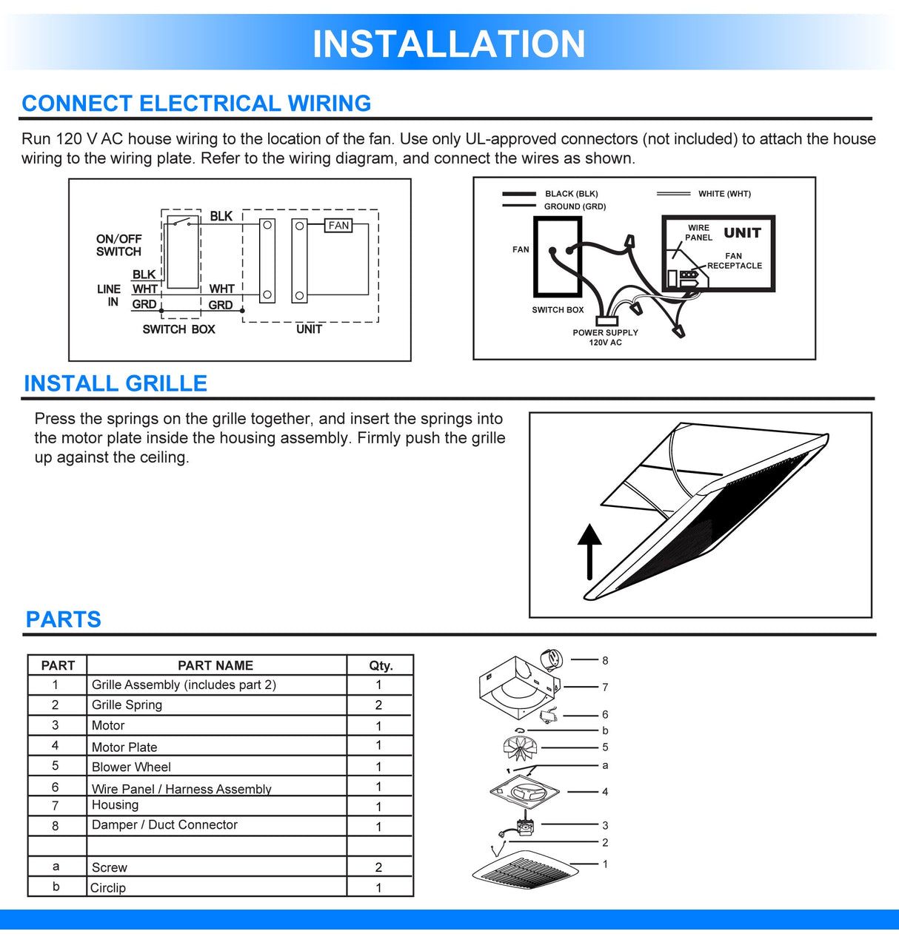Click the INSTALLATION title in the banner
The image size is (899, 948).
[x=449, y=44]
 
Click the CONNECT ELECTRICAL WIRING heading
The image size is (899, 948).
[x=196, y=104]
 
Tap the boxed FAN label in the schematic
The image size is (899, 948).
[x=338, y=226]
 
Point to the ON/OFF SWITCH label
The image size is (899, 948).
[x=118, y=245]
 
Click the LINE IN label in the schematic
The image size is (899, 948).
[x=109, y=295]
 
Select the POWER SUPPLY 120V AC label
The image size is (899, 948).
[x=605, y=337]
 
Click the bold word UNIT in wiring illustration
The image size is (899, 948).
[x=742, y=233]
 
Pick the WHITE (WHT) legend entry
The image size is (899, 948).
[x=723, y=194]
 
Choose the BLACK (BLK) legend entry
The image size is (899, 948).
[x=571, y=194]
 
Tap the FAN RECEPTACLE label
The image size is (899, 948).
[x=734, y=261]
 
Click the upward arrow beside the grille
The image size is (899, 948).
[x=589, y=551]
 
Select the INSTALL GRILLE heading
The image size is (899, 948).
[x=116, y=383]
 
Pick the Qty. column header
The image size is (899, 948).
[x=381, y=665]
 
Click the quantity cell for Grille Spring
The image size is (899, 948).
[x=378, y=705]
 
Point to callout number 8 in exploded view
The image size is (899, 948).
[x=605, y=660]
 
